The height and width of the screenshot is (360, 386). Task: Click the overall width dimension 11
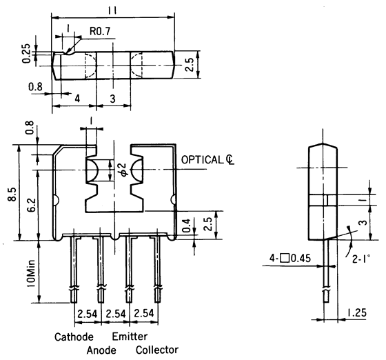click(x=112, y=9)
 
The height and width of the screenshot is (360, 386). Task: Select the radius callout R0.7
click(x=101, y=30)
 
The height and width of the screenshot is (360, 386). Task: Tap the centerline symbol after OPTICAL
click(x=230, y=160)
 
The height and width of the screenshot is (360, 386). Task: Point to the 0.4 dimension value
click(x=184, y=223)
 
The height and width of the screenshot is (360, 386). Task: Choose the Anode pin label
click(x=101, y=350)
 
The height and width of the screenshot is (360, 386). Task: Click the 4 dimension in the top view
click(x=77, y=99)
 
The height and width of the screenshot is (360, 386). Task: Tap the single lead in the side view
click(x=326, y=276)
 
